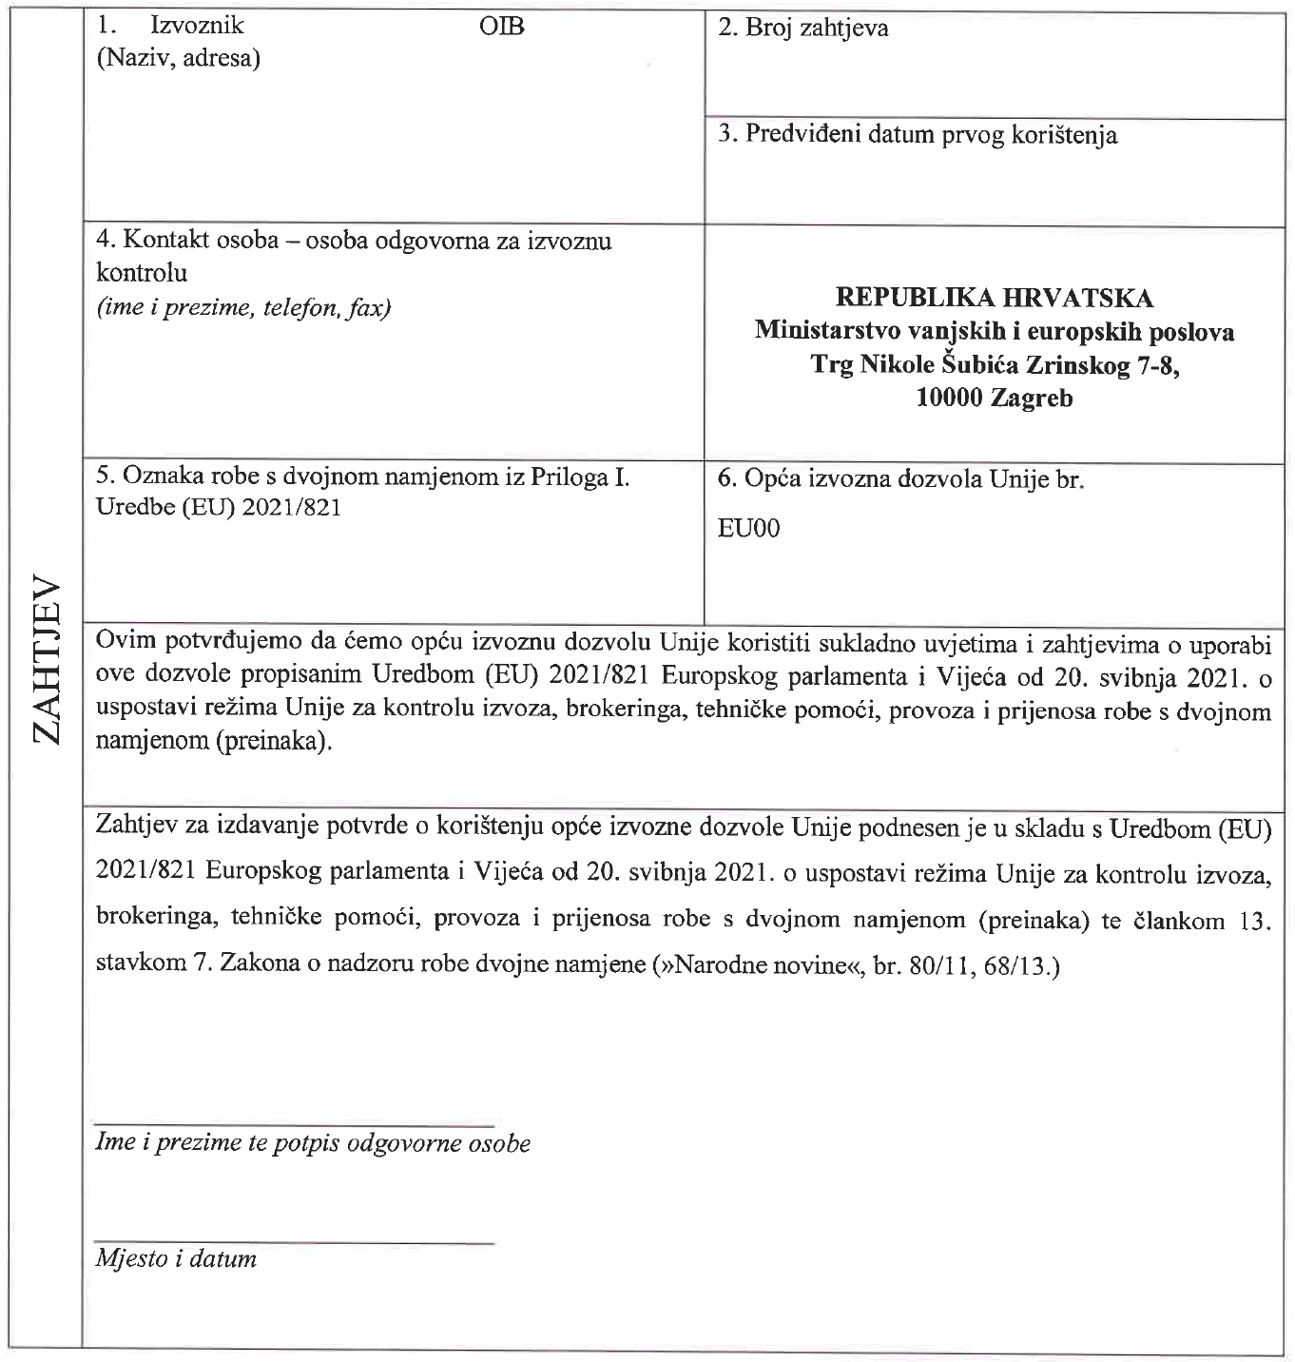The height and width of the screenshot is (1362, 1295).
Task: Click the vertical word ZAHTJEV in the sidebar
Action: tap(45, 660)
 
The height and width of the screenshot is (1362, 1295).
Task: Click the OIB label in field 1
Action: tap(502, 26)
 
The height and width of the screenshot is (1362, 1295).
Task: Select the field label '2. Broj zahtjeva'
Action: tap(803, 28)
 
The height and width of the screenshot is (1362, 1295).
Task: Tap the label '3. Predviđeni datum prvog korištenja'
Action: tap(918, 134)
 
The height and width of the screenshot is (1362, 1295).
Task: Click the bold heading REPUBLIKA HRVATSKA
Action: tap(995, 298)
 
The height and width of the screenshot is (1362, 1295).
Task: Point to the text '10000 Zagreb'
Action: tap(995, 398)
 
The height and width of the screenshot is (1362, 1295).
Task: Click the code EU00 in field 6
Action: tap(749, 529)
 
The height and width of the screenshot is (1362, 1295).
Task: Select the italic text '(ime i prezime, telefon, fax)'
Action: tap(243, 307)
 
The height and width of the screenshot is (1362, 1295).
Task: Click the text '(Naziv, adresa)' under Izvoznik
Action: tap(179, 58)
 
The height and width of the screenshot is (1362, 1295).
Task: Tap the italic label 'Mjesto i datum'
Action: tap(176, 1259)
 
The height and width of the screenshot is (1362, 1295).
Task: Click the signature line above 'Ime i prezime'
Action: tap(295, 1125)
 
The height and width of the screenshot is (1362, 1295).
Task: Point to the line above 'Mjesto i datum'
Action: tap(295, 1242)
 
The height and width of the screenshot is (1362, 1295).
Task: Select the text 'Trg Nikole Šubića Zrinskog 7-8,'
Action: tap(995, 364)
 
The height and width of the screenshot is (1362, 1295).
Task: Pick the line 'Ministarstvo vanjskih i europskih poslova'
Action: tap(995, 331)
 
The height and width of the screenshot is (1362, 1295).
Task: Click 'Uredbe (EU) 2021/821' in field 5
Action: tap(219, 508)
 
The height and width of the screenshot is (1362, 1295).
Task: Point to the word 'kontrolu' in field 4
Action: tap(143, 273)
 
